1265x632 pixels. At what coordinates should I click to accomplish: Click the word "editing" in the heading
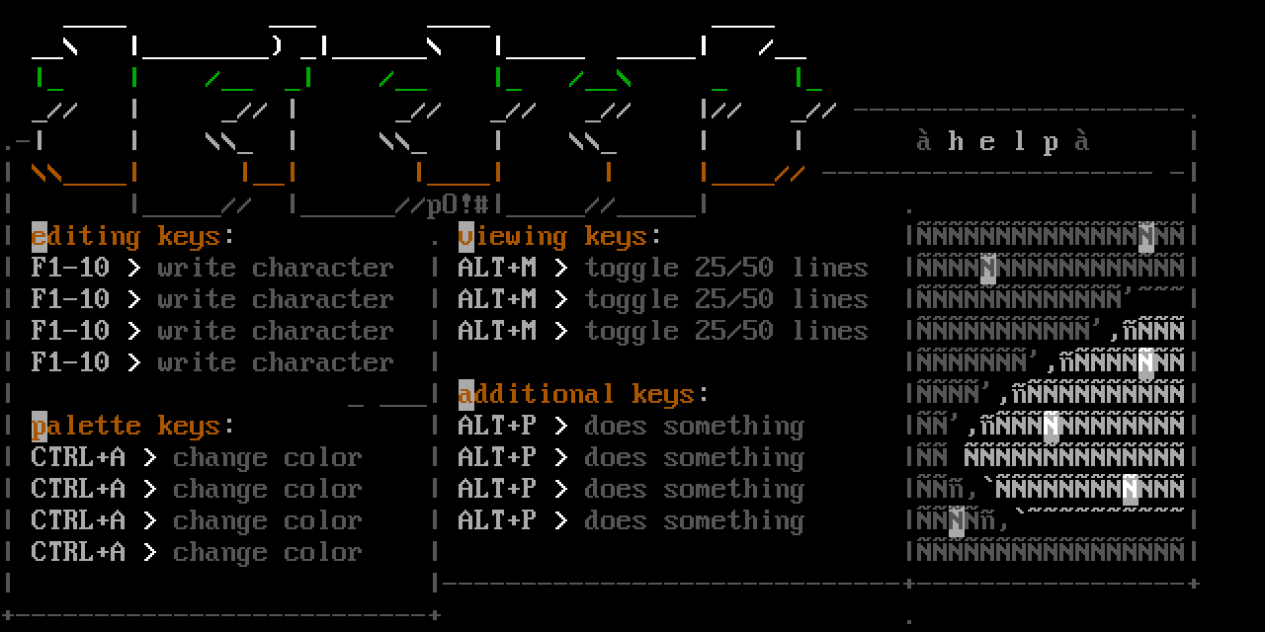[x=86, y=237]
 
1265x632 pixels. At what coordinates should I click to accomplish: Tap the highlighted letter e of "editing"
[x=40, y=237]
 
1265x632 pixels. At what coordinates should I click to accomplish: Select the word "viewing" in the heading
[x=513, y=237]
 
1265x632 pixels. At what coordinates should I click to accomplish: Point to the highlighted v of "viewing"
[x=466, y=237]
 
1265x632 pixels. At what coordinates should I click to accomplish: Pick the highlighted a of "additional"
[x=466, y=395]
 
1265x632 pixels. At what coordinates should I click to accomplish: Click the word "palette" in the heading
[x=86, y=427]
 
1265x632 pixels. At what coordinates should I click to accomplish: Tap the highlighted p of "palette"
[x=40, y=427]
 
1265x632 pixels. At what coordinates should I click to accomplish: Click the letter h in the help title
[x=956, y=142]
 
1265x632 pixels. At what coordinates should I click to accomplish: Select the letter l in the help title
[x=1019, y=142]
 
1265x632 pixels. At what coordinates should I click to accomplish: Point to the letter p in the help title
[x=1051, y=142]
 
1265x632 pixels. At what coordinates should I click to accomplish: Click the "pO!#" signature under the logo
[x=458, y=205]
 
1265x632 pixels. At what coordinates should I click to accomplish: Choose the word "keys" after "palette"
[x=189, y=427]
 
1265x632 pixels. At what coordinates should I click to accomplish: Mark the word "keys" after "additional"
[x=663, y=395]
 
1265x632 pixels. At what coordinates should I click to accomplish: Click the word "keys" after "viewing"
[x=616, y=237]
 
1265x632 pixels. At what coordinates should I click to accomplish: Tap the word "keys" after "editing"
[x=189, y=237]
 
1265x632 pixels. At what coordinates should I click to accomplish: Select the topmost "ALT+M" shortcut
[x=497, y=269]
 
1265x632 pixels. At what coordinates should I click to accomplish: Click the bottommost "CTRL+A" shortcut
[x=78, y=553]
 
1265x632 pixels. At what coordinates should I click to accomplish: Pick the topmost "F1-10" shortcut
[x=70, y=269]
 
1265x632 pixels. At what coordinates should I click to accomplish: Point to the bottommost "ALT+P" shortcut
[x=497, y=521]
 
